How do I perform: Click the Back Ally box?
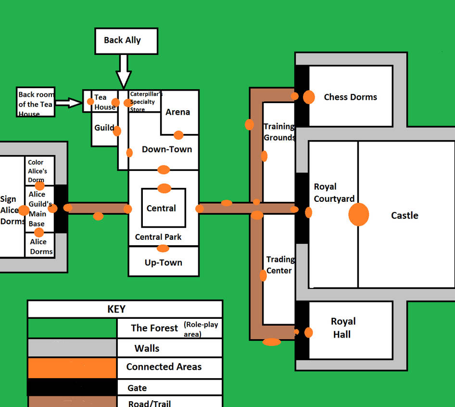coord(126,40)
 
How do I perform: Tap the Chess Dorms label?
coord(350,97)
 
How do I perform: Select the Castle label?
coord(404,215)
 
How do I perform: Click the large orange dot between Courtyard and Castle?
coord(358,214)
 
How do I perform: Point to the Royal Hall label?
coord(343,328)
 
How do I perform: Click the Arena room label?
coord(177,112)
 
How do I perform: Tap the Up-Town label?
coord(163,263)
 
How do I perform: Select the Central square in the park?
coord(163,208)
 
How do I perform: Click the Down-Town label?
coord(166,149)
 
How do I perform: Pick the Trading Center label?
coord(279,265)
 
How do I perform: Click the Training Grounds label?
coord(279,132)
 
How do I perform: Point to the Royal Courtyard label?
coord(334,193)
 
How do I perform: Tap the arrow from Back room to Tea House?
coord(68,102)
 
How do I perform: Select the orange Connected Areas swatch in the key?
coord(72,368)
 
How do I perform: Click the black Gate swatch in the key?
coord(72,387)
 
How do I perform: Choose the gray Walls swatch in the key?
coord(72,348)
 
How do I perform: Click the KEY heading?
coord(116,309)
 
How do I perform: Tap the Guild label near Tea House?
coord(104,128)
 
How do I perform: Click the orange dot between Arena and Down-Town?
coord(178,135)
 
